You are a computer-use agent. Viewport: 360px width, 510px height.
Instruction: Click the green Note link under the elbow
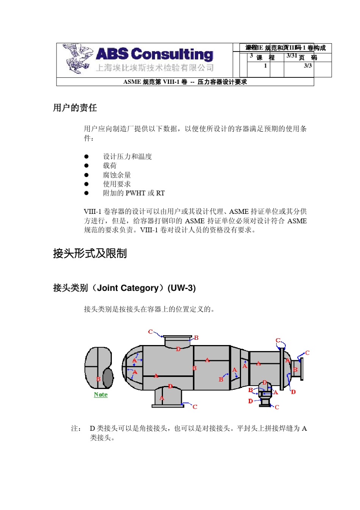(x=101, y=395)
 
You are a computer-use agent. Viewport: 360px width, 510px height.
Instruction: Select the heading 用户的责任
(x=75, y=108)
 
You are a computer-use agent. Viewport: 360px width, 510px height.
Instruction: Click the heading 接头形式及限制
(x=90, y=253)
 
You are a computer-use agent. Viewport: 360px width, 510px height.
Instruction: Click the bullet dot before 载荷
(x=86, y=166)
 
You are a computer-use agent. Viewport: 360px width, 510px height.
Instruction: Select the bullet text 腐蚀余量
(x=117, y=175)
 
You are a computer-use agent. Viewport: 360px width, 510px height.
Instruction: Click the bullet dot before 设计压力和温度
(x=86, y=156)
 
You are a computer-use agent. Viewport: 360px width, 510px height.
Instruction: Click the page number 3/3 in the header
(x=308, y=66)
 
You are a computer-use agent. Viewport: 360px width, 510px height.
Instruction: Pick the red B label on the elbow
(x=98, y=379)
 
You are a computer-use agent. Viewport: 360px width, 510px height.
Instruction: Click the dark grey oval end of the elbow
(x=108, y=378)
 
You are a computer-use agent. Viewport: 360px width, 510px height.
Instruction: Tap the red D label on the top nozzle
(x=178, y=349)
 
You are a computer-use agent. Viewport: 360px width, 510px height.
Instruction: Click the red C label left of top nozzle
(x=150, y=332)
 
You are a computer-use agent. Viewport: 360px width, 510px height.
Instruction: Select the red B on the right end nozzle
(x=296, y=370)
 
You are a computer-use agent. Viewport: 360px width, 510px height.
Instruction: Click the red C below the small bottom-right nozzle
(x=277, y=407)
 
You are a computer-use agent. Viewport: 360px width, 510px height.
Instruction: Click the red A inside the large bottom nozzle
(x=162, y=398)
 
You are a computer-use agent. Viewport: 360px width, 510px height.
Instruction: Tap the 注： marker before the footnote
(x=76, y=428)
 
